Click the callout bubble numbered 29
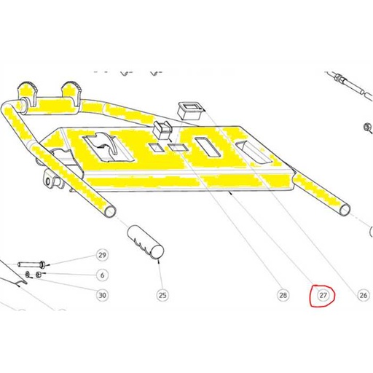[103, 255]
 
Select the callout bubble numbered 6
[103, 275]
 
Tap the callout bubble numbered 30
[103, 295]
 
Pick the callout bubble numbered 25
[163, 295]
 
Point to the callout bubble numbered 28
[283, 295]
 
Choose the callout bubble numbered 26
[364, 295]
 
